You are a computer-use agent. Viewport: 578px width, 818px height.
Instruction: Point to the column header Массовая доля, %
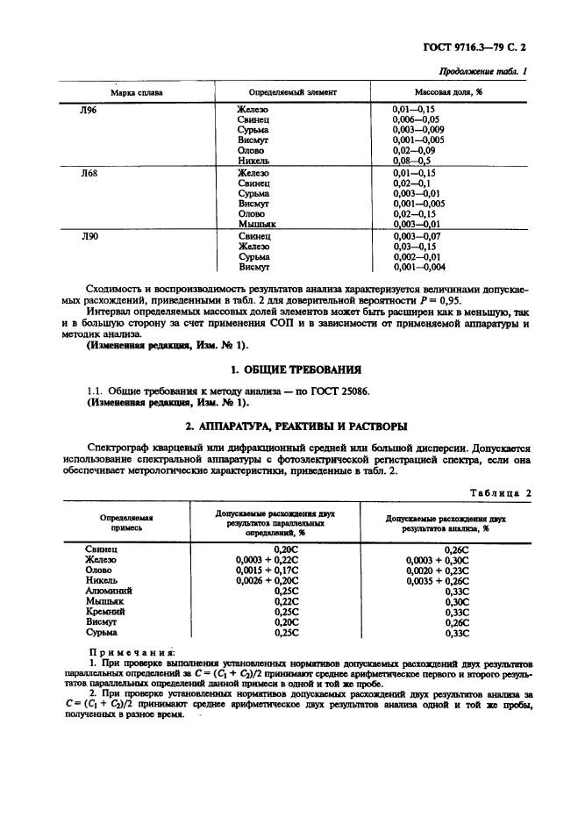point(449,92)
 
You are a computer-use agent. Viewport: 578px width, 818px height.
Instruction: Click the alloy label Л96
point(89,109)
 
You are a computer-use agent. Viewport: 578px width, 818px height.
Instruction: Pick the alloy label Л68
point(89,174)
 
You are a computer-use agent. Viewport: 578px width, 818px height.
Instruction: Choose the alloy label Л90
point(89,238)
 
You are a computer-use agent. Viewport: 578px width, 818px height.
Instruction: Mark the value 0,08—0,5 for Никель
point(412,161)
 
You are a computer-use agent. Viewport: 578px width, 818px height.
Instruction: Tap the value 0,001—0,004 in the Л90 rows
point(419,267)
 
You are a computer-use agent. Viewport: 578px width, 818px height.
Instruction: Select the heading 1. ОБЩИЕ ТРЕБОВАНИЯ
point(289,370)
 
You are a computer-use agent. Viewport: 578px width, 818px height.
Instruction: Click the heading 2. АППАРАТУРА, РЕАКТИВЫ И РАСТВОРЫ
point(289,427)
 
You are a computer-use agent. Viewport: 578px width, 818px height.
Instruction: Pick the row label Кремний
point(105,612)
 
